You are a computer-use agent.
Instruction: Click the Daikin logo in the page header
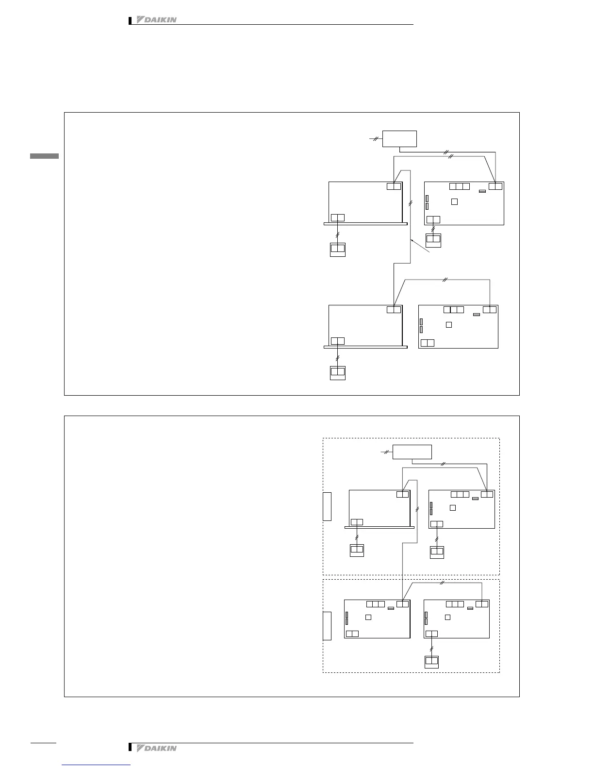[x=156, y=20]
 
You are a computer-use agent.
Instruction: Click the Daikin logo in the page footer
[x=156, y=748]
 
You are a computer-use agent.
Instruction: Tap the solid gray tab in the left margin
[x=44, y=156]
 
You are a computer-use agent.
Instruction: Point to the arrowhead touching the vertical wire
[x=412, y=240]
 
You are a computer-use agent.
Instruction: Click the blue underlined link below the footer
[x=96, y=765]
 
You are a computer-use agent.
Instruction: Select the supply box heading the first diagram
[x=399, y=138]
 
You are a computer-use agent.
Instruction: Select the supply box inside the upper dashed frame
[x=412, y=451]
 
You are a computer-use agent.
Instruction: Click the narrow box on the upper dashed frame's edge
[x=327, y=506]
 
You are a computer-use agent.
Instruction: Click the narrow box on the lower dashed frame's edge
[x=327, y=626]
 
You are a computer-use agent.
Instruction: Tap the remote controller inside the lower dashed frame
[x=431, y=661]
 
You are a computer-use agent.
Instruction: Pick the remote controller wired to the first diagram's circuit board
[x=433, y=240]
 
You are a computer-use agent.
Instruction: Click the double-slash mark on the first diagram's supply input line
[x=376, y=139]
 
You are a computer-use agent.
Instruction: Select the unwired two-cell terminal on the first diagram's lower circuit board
[x=428, y=343]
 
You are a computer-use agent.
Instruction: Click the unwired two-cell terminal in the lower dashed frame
[x=353, y=634]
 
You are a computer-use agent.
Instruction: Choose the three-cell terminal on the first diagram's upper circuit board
[x=460, y=186]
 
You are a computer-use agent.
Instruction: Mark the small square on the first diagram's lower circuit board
[x=449, y=324]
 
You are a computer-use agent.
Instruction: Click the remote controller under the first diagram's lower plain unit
[x=337, y=372]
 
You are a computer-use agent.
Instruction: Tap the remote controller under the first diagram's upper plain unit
[x=337, y=249]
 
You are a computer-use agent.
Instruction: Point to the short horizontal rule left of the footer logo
[x=44, y=742]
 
